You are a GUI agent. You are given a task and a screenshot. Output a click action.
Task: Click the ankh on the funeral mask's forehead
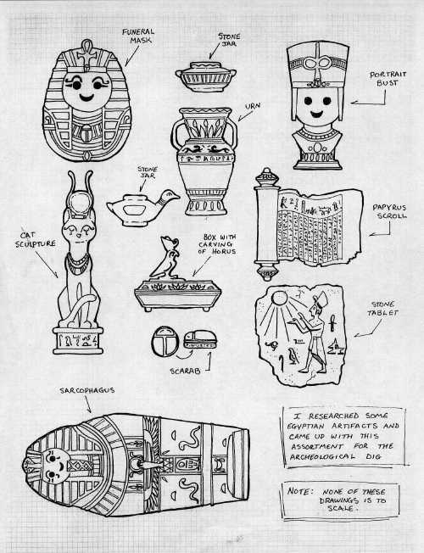coord(86,53)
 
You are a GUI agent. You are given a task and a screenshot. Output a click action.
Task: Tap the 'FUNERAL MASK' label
coord(138,36)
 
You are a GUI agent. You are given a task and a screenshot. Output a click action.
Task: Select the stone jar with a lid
coord(206,76)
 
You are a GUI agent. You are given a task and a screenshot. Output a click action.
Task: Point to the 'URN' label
coord(252,107)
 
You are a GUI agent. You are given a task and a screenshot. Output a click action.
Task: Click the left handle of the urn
coord(177,135)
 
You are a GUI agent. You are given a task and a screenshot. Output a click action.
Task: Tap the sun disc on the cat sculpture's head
coord(81,201)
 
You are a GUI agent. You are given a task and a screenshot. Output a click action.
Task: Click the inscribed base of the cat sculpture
coord(78,340)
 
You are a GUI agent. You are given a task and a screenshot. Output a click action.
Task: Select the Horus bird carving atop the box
coord(166,259)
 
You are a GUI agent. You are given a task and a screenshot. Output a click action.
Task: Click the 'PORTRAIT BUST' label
coord(388,79)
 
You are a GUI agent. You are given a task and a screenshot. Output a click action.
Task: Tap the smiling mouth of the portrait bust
coord(316,114)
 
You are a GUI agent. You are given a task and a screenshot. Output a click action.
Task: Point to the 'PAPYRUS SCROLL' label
coord(390,211)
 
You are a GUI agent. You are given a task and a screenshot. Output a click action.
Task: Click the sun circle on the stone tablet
coord(279,299)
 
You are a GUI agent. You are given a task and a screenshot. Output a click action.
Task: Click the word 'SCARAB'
coord(185,371)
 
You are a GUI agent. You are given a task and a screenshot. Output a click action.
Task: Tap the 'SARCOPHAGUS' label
coord(86,390)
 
